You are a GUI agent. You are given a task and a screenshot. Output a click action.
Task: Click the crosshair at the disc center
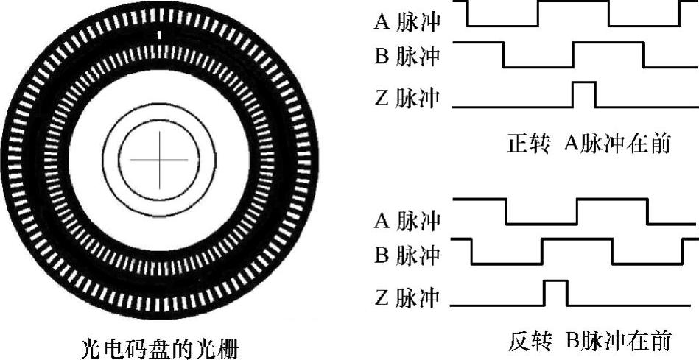point(159,160)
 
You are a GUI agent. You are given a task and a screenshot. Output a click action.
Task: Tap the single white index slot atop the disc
point(159,35)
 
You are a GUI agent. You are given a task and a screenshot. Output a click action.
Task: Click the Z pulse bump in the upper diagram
point(584,94)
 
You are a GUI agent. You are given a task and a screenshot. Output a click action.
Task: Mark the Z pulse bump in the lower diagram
point(555,292)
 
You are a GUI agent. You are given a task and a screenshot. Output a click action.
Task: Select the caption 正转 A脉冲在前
point(589,143)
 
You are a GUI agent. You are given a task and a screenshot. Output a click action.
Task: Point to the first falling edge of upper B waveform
point(503,54)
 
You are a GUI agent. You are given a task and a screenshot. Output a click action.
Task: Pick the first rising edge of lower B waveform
point(541,251)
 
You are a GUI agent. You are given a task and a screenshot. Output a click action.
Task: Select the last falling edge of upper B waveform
point(644,54)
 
